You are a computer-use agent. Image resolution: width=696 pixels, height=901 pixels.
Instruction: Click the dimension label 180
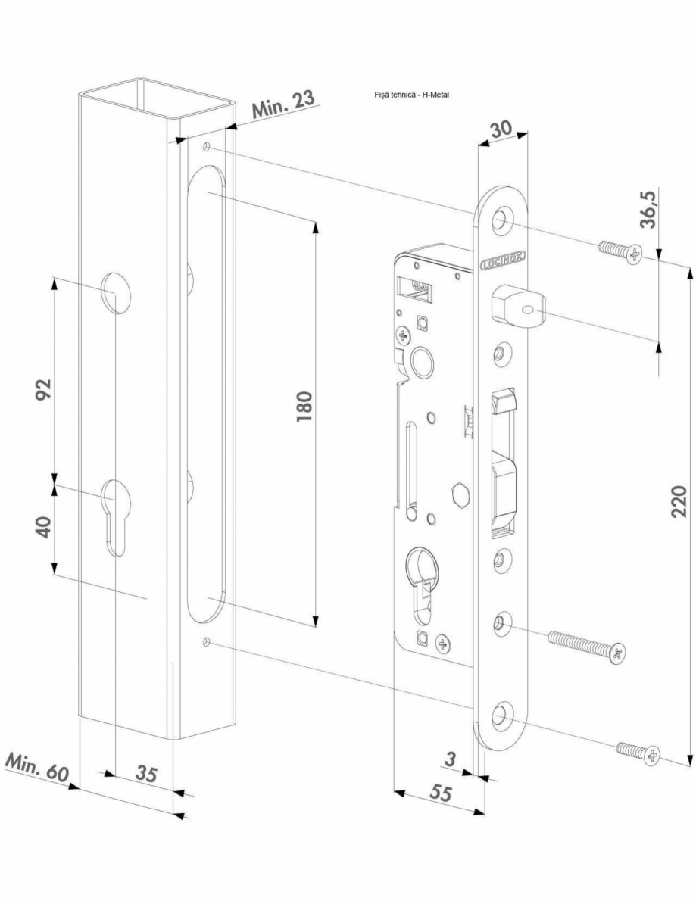[x=303, y=410]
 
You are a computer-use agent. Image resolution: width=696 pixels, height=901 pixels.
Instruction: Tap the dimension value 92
[x=43, y=391]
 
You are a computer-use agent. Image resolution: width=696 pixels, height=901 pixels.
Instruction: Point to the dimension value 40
[x=43, y=527]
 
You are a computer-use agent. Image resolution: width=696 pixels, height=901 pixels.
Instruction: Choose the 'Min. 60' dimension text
[x=36, y=768]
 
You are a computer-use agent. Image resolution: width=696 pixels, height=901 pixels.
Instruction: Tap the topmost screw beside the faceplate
[x=620, y=252]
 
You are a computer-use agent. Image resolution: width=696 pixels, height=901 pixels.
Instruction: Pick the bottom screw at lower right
[x=638, y=752]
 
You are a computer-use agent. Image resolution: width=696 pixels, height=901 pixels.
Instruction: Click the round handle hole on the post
[x=116, y=291]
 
